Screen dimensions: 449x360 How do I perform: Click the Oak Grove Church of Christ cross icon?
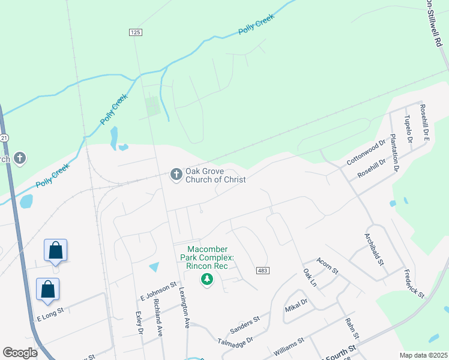click(x=176, y=175)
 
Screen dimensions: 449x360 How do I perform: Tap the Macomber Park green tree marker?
click(x=207, y=279)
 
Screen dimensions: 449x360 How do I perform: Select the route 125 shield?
click(x=134, y=32)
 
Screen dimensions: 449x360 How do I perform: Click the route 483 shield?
click(x=262, y=271)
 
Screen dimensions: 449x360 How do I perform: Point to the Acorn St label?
click(x=327, y=263)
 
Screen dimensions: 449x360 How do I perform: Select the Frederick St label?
click(x=414, y=284)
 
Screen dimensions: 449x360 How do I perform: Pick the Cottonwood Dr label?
click(x=365, y=154)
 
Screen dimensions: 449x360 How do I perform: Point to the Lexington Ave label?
click(x=184, y=306)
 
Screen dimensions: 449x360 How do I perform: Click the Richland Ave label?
click(x=158, y=317)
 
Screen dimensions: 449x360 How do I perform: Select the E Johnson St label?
click(x=157, y=289)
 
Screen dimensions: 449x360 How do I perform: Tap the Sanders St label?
click(x=245, y=325)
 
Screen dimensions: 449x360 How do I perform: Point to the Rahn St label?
click(x=352, y=328)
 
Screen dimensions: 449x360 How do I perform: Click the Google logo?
click(x=20, y=353)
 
